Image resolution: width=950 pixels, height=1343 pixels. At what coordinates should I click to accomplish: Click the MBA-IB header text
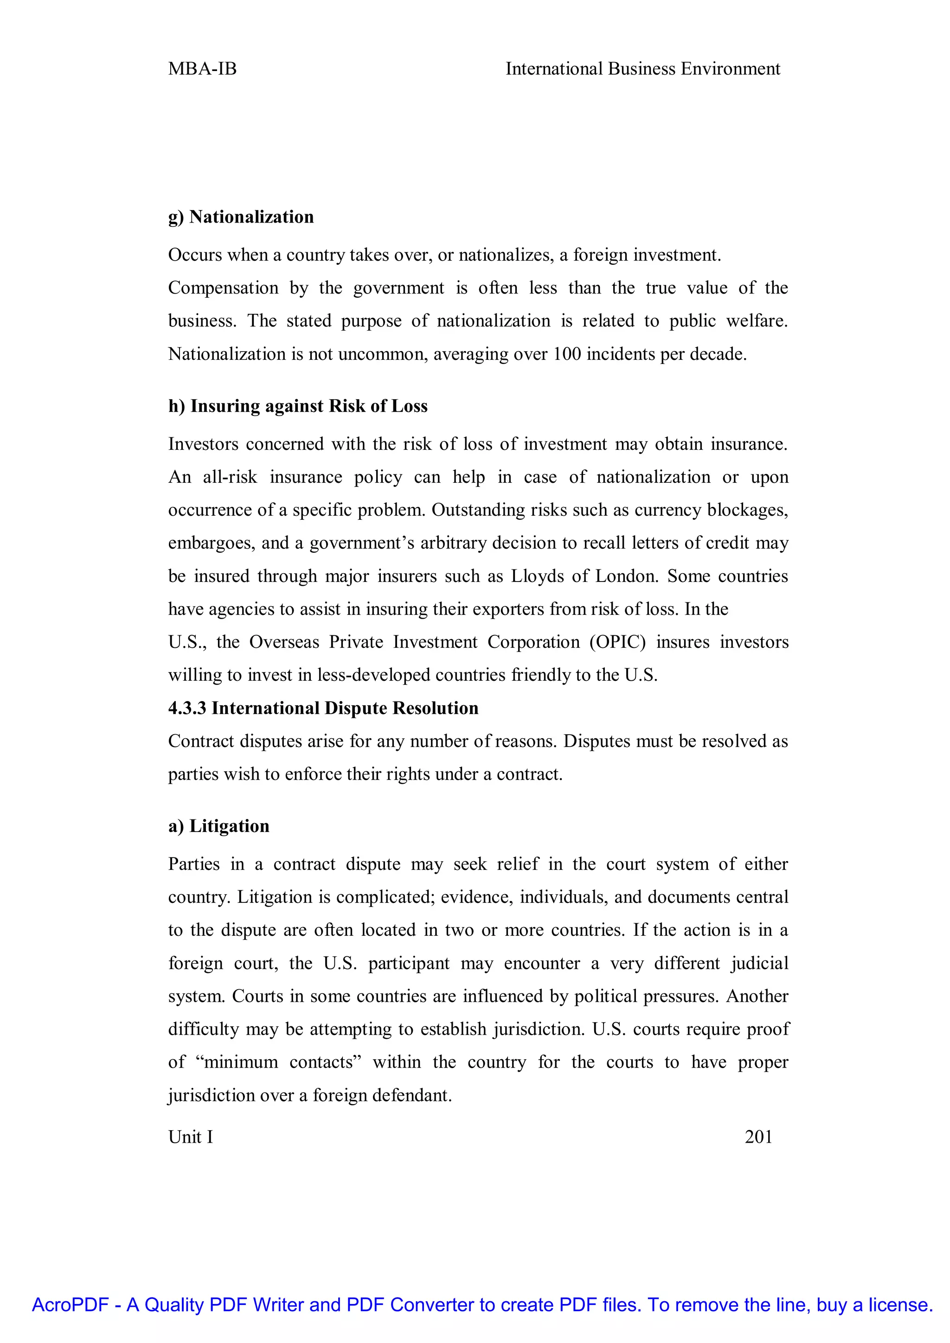pos(202,69)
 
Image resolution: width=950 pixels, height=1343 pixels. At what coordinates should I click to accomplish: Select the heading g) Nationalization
pos(241,217)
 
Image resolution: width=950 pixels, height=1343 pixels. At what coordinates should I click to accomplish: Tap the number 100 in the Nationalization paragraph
pos(567,354)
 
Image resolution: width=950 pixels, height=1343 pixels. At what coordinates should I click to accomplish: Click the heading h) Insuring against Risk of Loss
pos(298,406)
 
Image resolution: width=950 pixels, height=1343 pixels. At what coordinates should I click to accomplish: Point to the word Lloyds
pos(538,576)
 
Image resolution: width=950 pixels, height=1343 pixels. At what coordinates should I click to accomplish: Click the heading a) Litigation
pos(219,826)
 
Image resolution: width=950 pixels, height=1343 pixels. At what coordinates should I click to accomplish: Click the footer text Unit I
pos(191,1137)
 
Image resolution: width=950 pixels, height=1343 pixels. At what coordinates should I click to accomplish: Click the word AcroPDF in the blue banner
pos(70,1305)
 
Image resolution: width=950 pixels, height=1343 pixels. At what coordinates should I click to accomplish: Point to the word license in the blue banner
pos(900,1305)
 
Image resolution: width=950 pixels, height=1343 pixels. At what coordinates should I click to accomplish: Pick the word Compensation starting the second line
pos(223,288)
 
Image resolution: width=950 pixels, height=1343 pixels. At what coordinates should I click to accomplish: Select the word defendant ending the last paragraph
pos(412,1095)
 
